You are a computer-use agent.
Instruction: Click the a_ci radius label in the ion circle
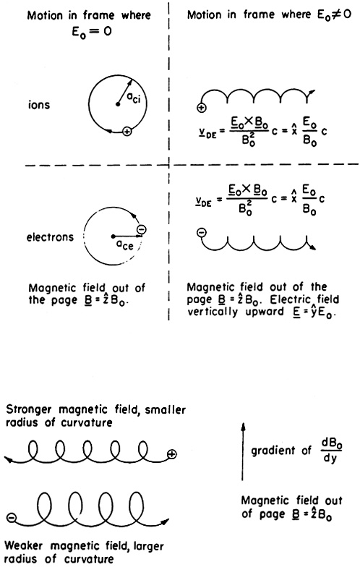[133, 98]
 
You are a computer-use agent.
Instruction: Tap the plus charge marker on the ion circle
[127, 132]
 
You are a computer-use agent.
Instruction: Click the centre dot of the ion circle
[117, 104]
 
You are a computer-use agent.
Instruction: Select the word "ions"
[39, 105]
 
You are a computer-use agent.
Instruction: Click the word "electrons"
[50, 237]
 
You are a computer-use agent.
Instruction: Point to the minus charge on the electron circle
[142, 230]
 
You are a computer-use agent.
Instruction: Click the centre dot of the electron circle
[113, 236]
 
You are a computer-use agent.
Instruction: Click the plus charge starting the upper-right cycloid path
[202, 107]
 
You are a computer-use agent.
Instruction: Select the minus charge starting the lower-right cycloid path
[202, 231]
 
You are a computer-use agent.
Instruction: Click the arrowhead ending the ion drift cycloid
[312, 92]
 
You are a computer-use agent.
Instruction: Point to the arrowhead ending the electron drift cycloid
[313, 247]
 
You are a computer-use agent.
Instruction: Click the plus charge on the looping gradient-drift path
[172, 454]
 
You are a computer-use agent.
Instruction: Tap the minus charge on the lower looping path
[12, 518]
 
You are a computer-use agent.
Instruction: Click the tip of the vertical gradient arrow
[244, 422]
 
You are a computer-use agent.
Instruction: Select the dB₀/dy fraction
[330, 451]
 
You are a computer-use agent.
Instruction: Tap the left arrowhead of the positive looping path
[8, 460]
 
